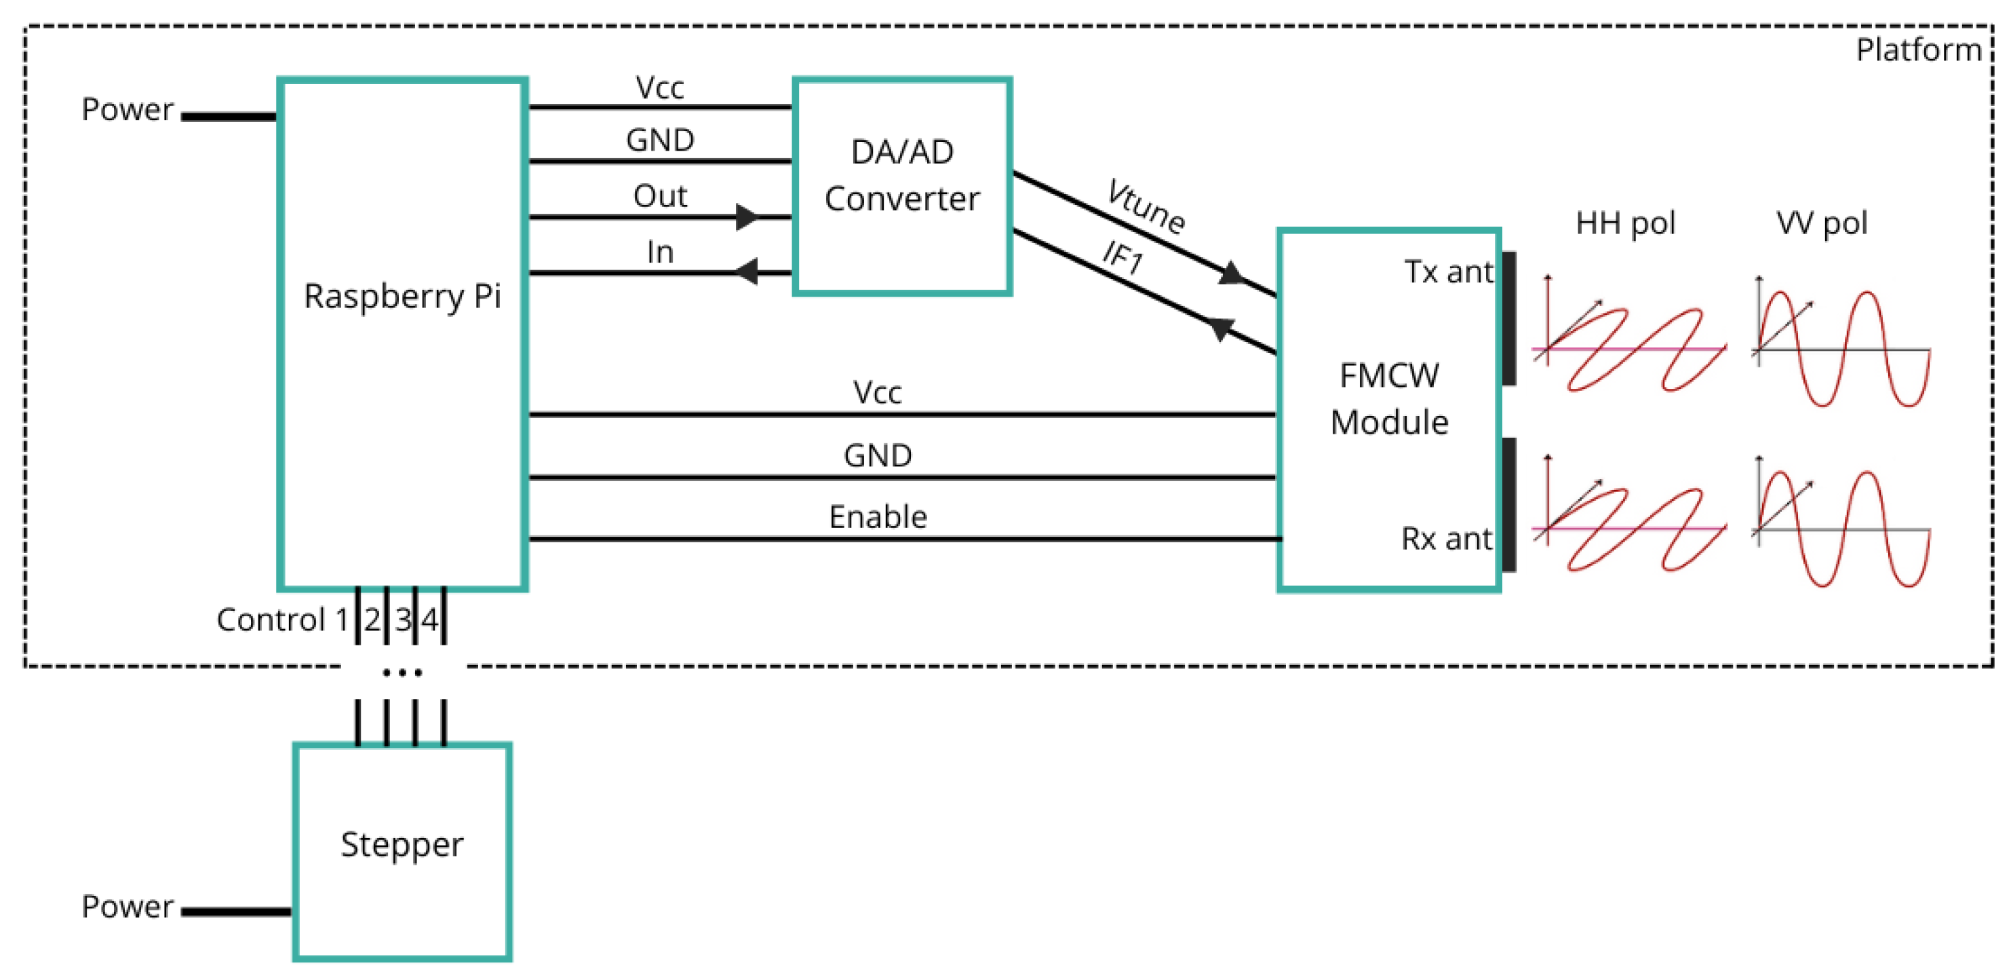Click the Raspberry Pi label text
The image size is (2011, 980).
(x=402, y=297)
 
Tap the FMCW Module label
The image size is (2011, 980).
(x=1389, y=398)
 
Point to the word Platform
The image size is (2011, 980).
(x=1918, y=50)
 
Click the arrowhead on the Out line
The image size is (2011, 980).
(x=746, y=216)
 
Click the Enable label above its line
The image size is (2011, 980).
(x=878, y=517)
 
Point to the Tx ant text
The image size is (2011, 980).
(x=1448, y=271)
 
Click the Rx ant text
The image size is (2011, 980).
(x=1446, y=539)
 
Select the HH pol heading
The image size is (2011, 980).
(x=1625, y=223)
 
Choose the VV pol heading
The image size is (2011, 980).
(x=1821, y=223)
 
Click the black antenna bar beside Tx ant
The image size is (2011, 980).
(x=1509, y=318)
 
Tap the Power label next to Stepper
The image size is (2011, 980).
(x=128, y=907)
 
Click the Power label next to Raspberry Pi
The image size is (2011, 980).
(x=128, y=109)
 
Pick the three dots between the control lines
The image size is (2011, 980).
(x=402, y=672)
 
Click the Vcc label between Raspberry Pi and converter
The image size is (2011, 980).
(x=660, y=88)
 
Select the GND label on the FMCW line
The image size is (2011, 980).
(x=878, y=455)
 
